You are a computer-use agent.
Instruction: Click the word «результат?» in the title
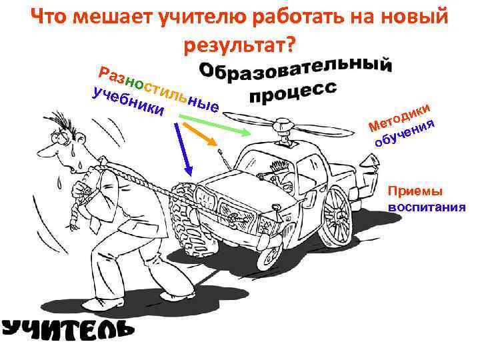240,45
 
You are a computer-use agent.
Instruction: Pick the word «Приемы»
414,191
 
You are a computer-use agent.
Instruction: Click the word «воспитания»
427,206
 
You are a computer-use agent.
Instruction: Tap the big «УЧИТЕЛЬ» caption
67,328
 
